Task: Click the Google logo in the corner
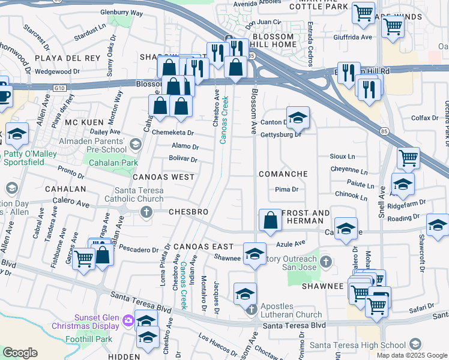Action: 20,353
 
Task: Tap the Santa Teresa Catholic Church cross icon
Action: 146,212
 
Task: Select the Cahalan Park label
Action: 113,163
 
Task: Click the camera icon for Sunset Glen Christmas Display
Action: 127,320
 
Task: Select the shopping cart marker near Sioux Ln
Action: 408,158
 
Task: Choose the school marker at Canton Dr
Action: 297,118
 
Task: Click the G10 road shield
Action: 59,88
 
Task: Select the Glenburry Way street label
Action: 122,12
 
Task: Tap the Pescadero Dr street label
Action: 137,248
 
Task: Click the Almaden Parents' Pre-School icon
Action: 136,143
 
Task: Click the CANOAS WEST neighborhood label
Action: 163,177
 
